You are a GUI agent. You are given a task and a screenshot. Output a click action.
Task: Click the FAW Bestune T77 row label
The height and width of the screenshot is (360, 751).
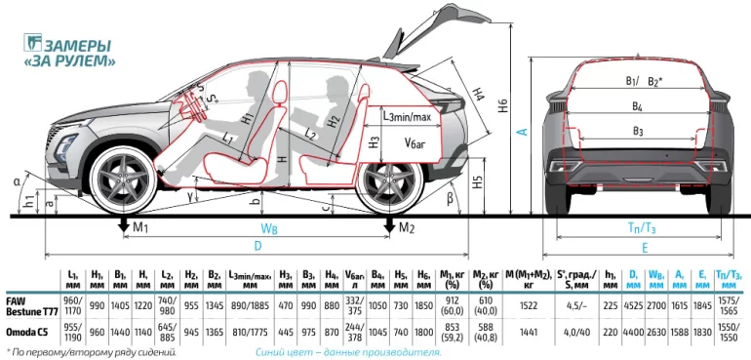[32, 306]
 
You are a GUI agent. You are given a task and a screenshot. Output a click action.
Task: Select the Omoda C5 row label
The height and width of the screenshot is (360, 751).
[27, 331]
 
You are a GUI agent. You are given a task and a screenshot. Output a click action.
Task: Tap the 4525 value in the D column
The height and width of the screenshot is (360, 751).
[633, 306]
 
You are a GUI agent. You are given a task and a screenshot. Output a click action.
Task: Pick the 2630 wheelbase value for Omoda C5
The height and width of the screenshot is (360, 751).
[655, 331]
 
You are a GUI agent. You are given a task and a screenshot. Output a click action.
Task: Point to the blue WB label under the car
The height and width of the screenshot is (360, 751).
[268, 229]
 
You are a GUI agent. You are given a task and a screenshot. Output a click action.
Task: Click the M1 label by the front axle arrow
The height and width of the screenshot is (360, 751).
[139, 227]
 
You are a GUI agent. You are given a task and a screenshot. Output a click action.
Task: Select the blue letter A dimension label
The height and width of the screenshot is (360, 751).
[523, 131]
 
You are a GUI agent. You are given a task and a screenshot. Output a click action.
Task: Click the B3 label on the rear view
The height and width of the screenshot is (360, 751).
[638, 131]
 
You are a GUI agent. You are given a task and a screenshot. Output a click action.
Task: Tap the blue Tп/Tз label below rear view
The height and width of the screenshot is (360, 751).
[642, 229]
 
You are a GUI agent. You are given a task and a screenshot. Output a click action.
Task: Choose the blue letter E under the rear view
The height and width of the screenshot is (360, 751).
[645, 248]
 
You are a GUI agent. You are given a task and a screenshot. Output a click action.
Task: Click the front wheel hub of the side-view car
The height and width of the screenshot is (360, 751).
[124, 180]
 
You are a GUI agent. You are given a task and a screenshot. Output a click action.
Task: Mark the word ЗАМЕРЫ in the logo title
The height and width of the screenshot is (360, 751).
[78, 46]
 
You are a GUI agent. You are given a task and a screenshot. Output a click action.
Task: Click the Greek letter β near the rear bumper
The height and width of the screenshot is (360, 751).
[450, 197]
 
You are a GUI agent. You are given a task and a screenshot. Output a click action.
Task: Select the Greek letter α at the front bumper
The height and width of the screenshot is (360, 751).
[18, 181]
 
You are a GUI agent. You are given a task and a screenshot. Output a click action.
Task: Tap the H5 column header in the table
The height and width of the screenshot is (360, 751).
[401, 278]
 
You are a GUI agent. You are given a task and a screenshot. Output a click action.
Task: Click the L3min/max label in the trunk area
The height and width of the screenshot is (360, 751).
[408, 116]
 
